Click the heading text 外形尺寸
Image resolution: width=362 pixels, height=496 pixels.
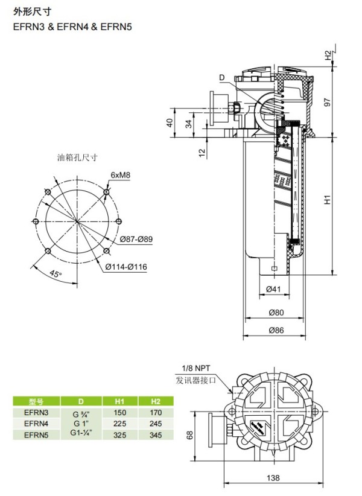[x=32, y=11]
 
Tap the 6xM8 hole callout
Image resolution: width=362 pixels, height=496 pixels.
[x=120, y=175]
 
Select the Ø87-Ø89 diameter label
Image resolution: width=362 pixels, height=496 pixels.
[x=136, y=239]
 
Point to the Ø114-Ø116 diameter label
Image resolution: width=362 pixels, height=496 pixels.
[x=126, y=267]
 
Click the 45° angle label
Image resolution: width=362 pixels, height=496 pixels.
[x=56, y=273]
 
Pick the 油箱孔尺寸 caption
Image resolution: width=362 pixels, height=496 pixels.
[x=77, y=157]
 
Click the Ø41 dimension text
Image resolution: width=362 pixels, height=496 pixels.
[x=273, y=288]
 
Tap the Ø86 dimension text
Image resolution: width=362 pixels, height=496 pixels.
[x=276, y=330]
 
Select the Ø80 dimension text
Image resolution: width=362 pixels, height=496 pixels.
[x=276, y=313]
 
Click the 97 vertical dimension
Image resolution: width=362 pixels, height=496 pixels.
[x=327, y=102]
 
